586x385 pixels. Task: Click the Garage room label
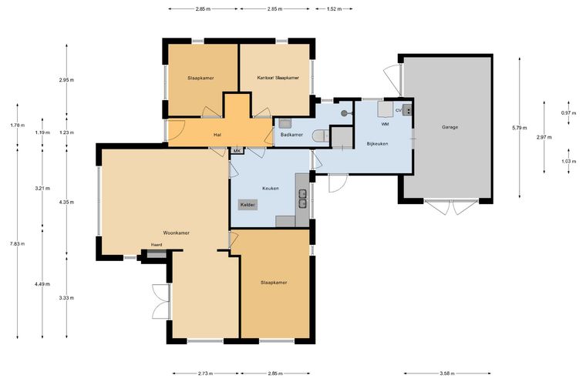[x=450, y=127]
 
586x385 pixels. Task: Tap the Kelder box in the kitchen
[x=248, y=205]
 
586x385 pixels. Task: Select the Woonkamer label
[x=176, y=233]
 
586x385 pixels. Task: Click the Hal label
[x=217, y=135]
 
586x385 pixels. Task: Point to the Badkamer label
[x=291, y=135]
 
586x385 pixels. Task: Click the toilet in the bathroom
[x=319, y=136]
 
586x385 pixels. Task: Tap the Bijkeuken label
[x=377, y=144]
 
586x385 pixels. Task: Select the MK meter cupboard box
[x=237, y=150]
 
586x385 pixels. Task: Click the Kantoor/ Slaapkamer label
[x=278, y=78]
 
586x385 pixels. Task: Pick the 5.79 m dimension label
[x=520, y=128]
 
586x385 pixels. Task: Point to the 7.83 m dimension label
[x=17, y=244]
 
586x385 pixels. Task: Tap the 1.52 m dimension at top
[x=334, y=8]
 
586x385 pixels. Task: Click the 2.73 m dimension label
[x=206, y=373]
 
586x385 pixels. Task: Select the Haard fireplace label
[x=157, y=245]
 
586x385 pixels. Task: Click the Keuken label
[x=271, y=189]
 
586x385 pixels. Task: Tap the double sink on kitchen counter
[x=302, y=199]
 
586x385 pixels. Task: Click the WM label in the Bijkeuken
[x=385, y=124]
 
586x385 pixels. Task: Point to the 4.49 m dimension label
[x=42, y=284]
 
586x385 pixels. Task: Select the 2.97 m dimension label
[x=544, y=137]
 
